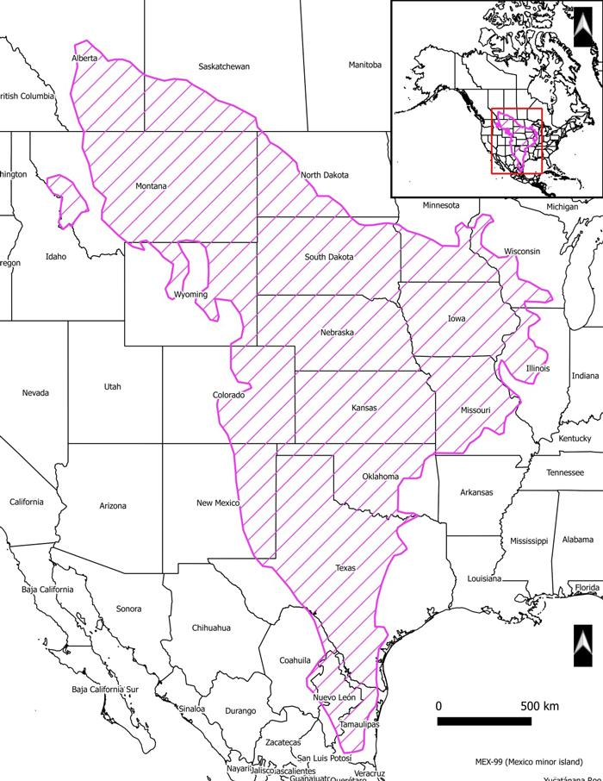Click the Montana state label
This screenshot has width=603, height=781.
[x=151, y=185]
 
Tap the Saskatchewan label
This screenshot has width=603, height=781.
[x=223, y=66]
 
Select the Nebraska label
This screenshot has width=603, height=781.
[x=337, y=333]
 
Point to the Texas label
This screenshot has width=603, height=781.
[x=345, y=568]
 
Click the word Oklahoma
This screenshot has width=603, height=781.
[x=381, y=477]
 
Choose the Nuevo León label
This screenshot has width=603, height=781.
[x=334, y=697]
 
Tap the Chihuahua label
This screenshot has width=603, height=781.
[x=211, y=628]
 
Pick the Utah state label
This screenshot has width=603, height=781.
[x=113, y=386]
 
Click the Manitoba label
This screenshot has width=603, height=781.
[x=365, y=65]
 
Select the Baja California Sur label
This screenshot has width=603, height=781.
[x=105, y=690]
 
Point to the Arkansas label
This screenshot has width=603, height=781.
[x=476, y=492]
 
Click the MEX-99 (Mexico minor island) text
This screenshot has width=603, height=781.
[x=528, y=762]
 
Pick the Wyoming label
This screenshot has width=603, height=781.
[x=190, y=295]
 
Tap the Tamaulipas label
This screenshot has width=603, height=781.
[x=359, y=725]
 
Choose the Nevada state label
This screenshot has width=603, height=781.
[x=35, y=393]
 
